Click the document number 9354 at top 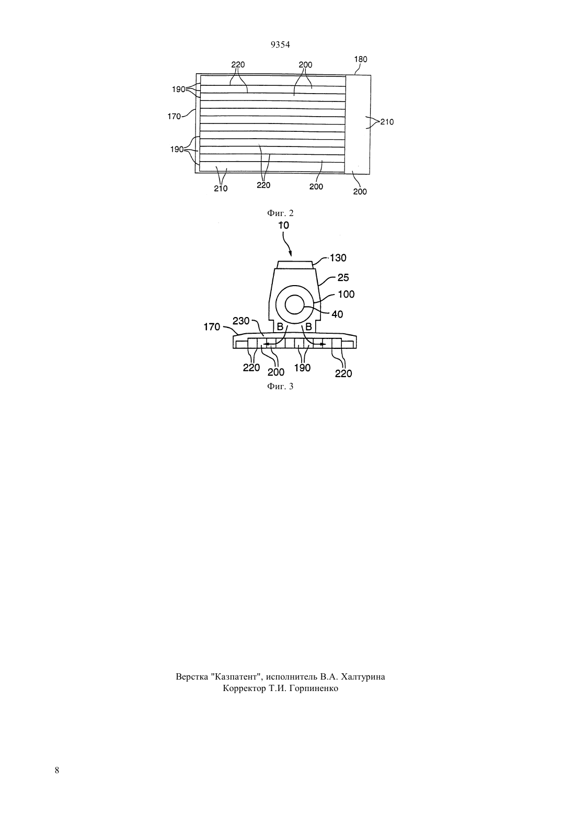point(280,44)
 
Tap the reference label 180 point(361,59)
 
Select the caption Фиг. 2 point(280,213)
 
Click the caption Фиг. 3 point(280,386)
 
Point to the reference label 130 point(338,258)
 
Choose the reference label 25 point(343,278)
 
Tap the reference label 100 point(346,294)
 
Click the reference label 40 point(337,314)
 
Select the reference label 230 point(241,321)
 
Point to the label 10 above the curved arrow point(284,225)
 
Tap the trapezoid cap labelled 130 point(295,265)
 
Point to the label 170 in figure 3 point(212,327)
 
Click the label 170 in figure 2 point(174,116)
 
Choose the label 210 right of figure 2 point(387,122)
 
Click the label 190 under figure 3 point(302,368)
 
